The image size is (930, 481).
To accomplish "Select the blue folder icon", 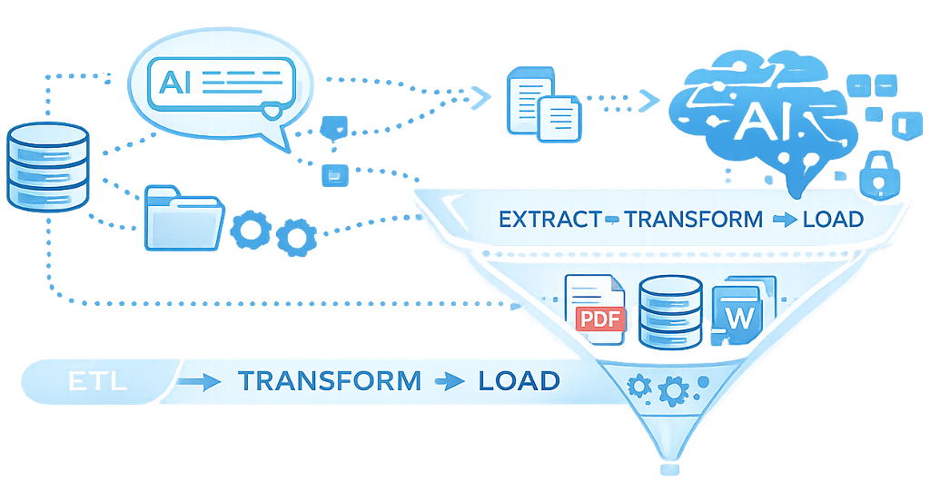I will point(183,217).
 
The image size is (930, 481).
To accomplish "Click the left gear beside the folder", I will point(247,231).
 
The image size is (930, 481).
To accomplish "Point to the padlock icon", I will point(877,175).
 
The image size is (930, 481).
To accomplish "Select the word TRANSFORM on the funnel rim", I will point(694,220).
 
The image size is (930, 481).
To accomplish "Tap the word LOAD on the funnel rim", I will point(831,220).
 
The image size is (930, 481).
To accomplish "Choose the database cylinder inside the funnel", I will point(670,311).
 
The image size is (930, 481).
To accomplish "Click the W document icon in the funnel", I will point(742,314).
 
